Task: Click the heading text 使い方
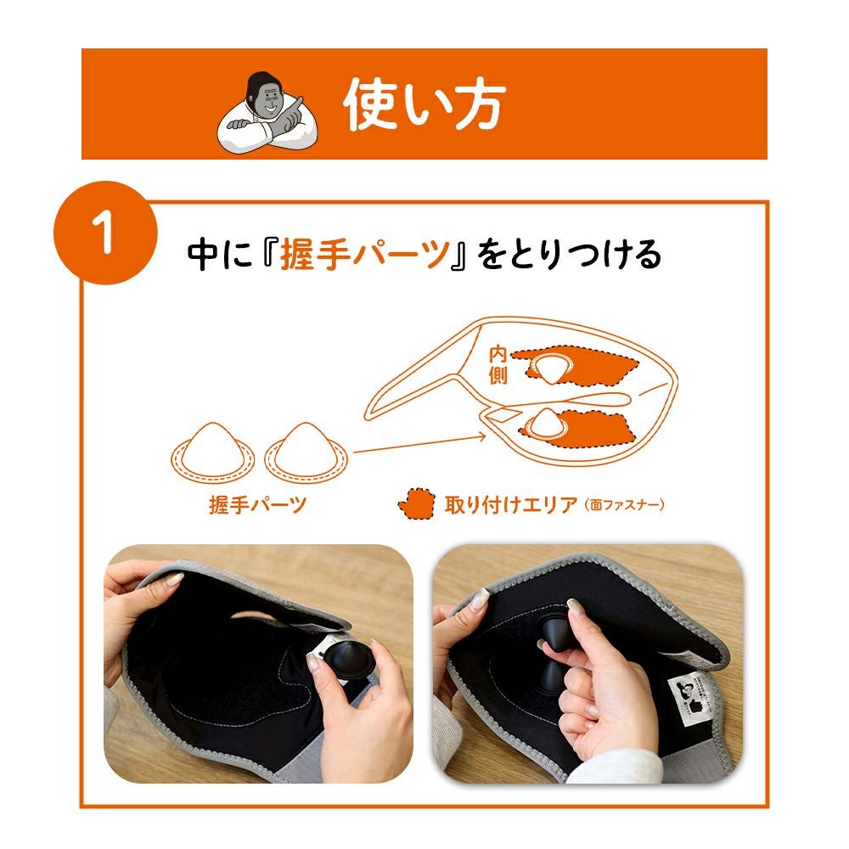(424, 104)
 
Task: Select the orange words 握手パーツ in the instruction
(365, 254)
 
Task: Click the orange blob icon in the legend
(415, 503)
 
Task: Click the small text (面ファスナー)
(624, 505)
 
